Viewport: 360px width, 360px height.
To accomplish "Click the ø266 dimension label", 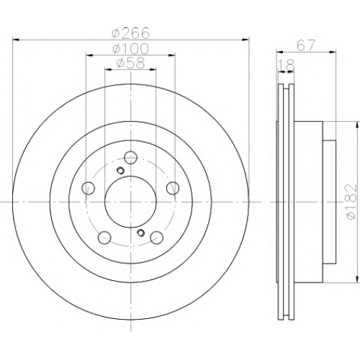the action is (131, 33).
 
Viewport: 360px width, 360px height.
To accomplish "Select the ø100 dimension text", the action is (131, 48).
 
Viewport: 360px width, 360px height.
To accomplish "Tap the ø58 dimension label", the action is (131, 63).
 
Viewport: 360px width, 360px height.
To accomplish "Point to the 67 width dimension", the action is (305, 45).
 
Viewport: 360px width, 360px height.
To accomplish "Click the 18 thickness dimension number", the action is (286, 66).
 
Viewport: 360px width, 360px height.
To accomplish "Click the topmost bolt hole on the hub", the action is (130, 158).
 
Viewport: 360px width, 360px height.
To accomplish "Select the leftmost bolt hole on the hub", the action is (89, 188).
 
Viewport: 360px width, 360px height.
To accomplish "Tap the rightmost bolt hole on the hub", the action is (173, 188).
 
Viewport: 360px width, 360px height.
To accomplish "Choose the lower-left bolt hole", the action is (104, 238).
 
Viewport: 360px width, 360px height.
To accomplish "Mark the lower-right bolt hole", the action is (157, 238).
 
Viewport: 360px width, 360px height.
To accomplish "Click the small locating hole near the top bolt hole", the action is (120, 171).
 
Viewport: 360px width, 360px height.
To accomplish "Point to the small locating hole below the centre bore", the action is (140, 233).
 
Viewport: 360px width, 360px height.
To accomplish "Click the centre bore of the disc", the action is (130, 202).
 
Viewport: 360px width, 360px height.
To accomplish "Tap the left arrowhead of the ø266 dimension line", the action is (15, 40).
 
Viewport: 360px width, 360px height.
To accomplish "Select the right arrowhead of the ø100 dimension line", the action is (172, 55).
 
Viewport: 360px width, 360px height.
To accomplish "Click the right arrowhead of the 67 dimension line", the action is (333, 51).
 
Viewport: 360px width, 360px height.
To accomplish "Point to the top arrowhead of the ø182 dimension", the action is (359, 125).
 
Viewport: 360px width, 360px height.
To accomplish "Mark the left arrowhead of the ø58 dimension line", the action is (108, 70).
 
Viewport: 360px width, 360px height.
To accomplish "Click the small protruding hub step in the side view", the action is (329, 202).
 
